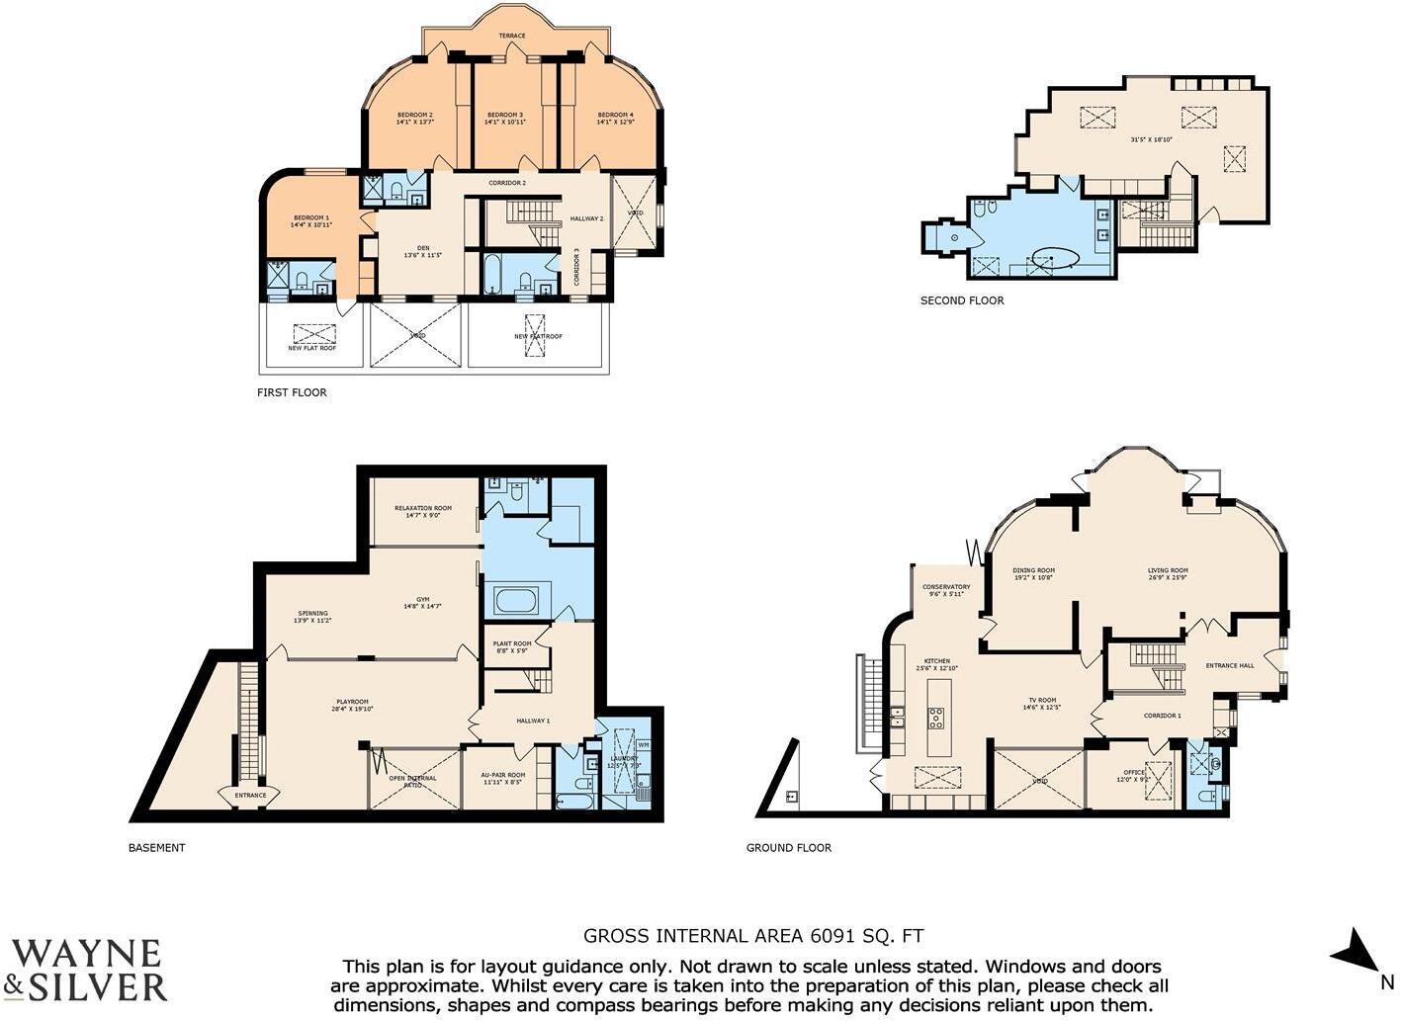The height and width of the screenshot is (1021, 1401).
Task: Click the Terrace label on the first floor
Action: coord(512,36)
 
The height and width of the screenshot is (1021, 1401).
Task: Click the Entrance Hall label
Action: coord(1230,665)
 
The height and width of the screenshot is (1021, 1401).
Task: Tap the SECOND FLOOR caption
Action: coord(962,300)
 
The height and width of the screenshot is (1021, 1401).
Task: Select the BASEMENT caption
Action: coord(157,847)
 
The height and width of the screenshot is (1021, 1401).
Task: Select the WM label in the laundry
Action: coord(644,744)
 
